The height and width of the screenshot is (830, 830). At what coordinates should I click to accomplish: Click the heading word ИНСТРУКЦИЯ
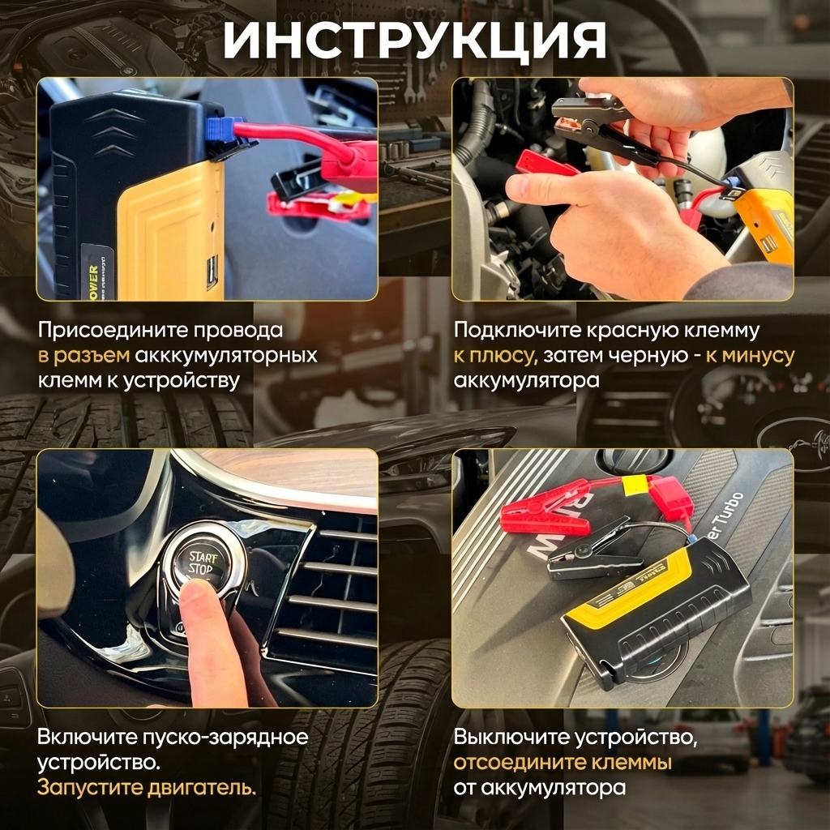(x=415, y=41)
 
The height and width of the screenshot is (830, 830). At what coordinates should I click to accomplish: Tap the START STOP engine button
(x=203, y=563)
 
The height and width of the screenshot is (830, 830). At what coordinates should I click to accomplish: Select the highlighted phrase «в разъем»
(x=83, y=355)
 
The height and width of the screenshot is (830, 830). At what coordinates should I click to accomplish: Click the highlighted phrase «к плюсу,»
(x=495, y=356)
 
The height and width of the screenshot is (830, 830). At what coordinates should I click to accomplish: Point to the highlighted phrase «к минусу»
(x=750, y=356)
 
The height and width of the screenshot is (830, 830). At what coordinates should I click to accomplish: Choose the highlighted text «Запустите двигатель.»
(x=147, y=788)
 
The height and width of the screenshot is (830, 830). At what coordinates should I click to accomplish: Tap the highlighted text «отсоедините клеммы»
(x=563, y=762)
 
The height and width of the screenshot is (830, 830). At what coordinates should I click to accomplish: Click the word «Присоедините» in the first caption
(x=111, y=331)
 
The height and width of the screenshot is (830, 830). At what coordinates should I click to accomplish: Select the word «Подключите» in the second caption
(x=517, y=331)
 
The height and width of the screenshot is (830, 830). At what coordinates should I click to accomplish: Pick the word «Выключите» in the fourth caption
(x=511, y=737)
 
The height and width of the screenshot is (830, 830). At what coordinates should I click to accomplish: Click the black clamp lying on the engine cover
(x=593, y=553)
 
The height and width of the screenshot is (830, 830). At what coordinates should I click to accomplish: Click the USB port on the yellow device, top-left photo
(x=212, y=272)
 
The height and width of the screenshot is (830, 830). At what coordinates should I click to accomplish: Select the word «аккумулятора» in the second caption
(x=526, y=381)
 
